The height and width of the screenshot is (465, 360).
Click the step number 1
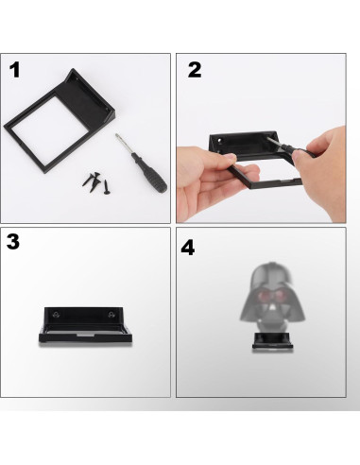point(15,70)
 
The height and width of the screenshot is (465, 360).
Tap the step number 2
point(195,70)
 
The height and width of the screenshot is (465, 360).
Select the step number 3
point(13,242)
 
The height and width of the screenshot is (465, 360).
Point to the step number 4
point(188,248)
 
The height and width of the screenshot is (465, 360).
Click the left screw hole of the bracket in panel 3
point(56,315)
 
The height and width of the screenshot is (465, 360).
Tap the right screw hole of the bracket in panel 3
point(111,315)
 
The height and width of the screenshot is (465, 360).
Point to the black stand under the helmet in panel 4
point(272,341)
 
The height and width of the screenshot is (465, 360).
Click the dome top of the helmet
point(271,273)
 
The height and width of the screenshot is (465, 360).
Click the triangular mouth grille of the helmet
point(272,309)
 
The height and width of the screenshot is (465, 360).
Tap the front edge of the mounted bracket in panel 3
point(85,338)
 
